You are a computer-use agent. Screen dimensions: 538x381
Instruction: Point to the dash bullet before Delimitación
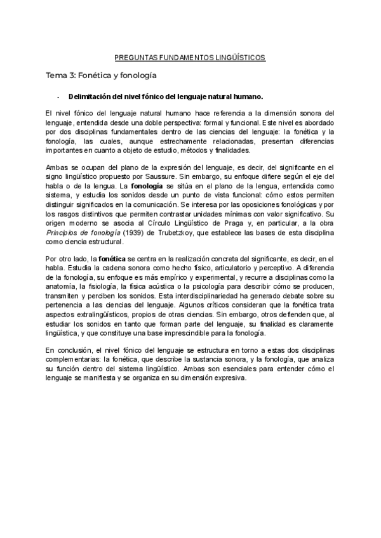pyautogui.click(x=58, y=97)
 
